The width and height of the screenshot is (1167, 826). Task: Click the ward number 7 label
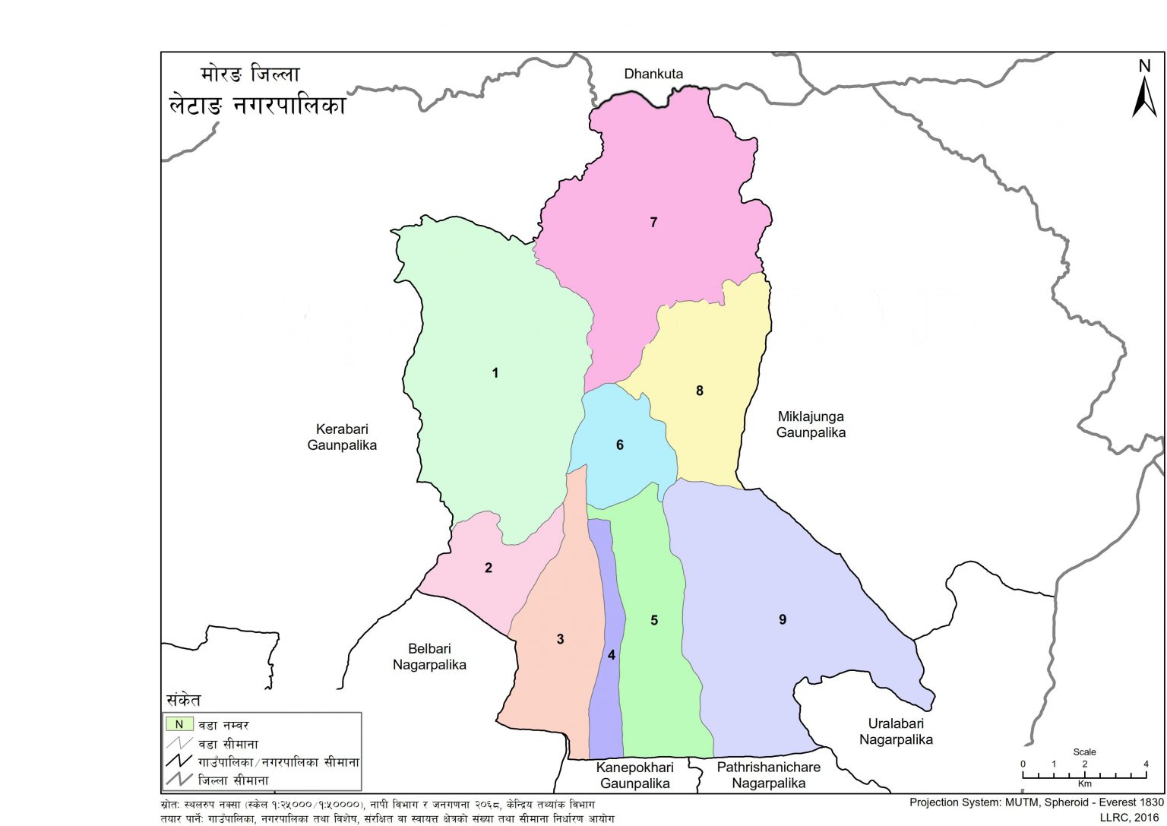[x=653, y=223]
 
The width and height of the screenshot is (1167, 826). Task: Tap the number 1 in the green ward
[x=495, y=373]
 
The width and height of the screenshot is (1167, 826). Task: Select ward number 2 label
[x=489, y=568]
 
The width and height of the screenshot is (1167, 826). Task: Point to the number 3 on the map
[x=561, y=639]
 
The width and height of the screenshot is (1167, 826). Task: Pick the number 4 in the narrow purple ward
[x=612, y=655]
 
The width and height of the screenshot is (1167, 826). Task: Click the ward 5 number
[x=654, y=621]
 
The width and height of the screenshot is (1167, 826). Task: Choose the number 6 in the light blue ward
[x=620, y=445]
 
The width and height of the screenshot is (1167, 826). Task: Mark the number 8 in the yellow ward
[x=700, y=391]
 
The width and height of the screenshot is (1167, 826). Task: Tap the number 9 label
[x=783, y=619]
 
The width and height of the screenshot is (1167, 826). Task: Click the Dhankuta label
[x=653, y=74]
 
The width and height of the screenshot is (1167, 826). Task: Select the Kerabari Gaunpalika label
[x=342, y=437]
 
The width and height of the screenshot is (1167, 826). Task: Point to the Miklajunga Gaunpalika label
[x=811, y=424]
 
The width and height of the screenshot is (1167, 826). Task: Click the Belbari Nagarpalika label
[x=429, y=657]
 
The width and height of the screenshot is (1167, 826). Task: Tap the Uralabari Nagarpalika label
[x=896, y=731]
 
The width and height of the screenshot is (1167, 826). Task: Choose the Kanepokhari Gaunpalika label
[x=634, y=775]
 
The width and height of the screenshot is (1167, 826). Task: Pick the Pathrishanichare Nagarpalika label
[x=768, y=775]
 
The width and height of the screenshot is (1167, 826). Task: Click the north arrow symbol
[x=1144, y=91]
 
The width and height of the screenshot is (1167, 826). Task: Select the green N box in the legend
[x=179, y=724]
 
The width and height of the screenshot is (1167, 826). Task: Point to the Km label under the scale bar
[x=1084, y=783]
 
